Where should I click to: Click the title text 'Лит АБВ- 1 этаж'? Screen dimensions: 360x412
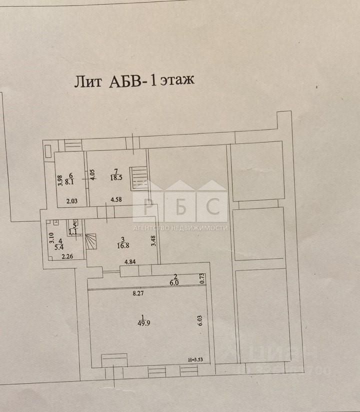coord(134,81)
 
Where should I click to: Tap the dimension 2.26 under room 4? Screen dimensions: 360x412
coord(67,257)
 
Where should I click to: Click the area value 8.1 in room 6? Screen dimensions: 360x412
coord(70,183)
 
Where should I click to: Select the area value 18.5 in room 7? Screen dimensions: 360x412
coord(116,177)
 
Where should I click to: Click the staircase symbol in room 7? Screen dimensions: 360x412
coord(137,178)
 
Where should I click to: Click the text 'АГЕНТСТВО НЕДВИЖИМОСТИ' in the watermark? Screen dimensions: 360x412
coord(180,228)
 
